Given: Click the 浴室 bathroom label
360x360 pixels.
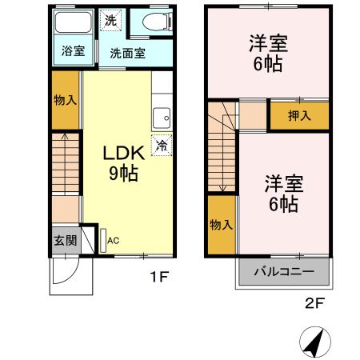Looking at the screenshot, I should pos(73,52).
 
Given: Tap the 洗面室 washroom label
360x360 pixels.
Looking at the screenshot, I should pos(127,54).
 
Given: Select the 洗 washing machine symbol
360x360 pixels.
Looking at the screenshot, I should pos(111,22).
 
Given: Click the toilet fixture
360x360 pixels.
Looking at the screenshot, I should pos(153,22).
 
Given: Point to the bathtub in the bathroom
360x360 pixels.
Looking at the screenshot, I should pos(73,25).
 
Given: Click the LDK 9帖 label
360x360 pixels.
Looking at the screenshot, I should pos(123,161).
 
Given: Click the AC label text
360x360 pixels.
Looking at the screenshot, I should pos(113,239).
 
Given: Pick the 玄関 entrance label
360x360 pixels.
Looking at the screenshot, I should pos(65,240).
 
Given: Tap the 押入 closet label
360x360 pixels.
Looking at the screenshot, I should pos(300,116).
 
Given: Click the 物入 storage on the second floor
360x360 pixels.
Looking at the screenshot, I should pos(221,226).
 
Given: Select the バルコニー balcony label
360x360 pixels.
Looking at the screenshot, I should pos(285,270).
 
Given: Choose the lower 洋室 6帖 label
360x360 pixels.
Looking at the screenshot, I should pos(282,193).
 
